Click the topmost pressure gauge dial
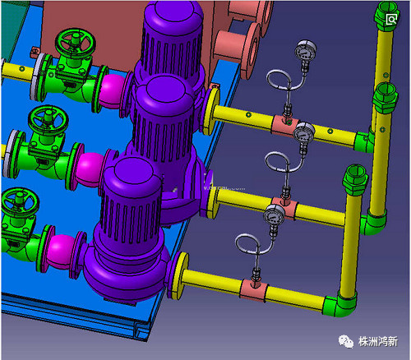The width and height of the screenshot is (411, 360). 306,50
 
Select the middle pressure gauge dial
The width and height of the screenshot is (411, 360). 303,132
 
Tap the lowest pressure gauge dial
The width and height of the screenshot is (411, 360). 274,215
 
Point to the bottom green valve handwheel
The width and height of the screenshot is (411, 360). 20,201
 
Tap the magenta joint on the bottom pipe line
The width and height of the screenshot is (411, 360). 61,252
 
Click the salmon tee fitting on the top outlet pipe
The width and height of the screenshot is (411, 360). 285,127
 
